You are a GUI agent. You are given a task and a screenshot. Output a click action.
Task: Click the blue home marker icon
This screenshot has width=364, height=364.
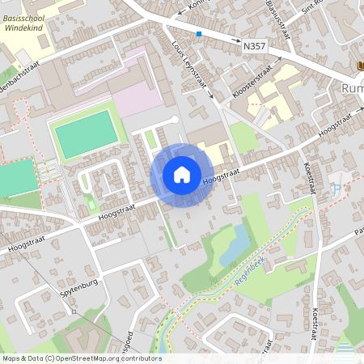[182, 175]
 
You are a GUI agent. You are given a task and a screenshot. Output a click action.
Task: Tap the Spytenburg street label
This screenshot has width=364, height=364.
[78, 286]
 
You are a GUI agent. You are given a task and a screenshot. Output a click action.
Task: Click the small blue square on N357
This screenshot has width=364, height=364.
[199, 34]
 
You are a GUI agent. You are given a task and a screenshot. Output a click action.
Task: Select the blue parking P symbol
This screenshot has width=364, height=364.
[336, 188]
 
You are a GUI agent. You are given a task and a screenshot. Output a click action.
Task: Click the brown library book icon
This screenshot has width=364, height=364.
[360, 66]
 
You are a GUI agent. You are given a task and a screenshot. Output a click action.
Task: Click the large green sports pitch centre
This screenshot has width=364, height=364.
[84, 134]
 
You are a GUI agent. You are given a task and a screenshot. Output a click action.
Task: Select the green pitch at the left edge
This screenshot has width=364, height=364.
[16, 177]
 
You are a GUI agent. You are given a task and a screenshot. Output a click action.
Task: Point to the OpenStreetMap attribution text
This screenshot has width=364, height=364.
[81, 358]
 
